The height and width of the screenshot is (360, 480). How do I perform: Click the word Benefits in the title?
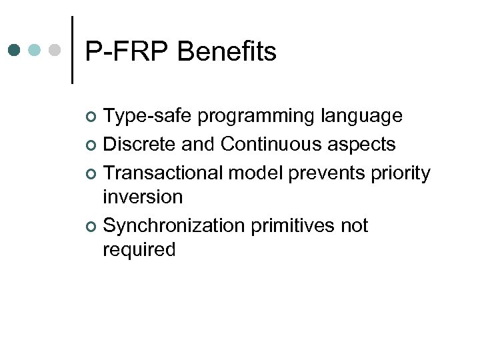tap(227, 51)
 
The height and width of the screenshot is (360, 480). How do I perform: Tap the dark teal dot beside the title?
tap(15, 50)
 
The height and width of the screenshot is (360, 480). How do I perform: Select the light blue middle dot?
tap(36, 50)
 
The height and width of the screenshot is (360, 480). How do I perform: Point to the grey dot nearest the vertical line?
tap(57, 50)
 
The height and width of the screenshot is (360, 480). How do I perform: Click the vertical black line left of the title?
tap(72, 50)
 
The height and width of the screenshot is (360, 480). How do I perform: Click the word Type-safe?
tap(148, 117)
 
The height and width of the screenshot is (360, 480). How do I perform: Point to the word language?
tap(362, 117)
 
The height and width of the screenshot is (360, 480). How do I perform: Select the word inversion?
tap(143, 197)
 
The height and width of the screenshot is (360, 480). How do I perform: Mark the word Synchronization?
tap(174, 226)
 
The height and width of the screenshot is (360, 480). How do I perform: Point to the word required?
tap(139, 250)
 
